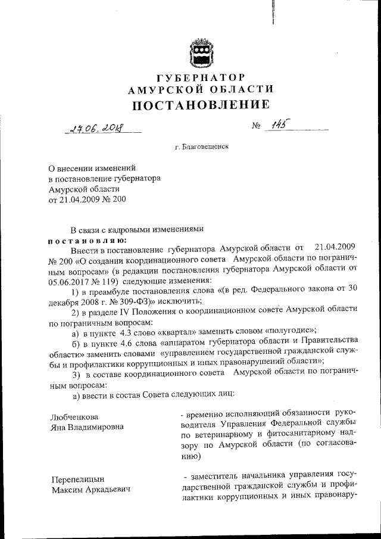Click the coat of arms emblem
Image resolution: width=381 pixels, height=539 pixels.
[x=201, y=51]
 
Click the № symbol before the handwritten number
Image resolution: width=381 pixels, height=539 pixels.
[x=257, y=127]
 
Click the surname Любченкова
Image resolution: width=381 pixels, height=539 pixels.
[x=74, y=416]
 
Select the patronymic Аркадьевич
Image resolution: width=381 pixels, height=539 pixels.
[x=105, y=490]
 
